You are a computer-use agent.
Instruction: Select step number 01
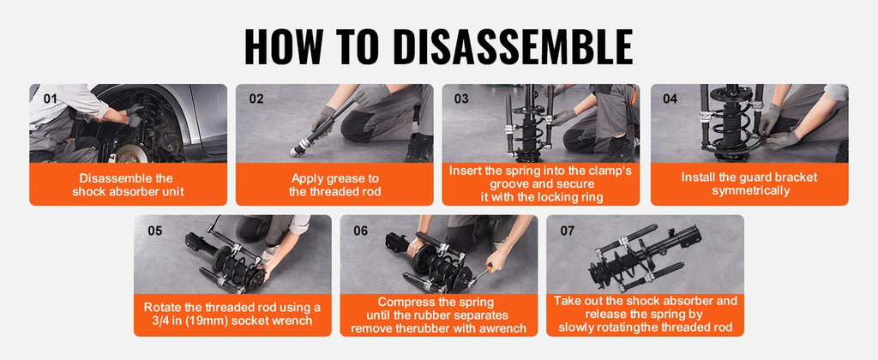[x=51, y=99]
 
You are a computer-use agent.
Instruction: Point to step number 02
[x=256, y=99]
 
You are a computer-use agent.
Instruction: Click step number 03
[x=461, y=99]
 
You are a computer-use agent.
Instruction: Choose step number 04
[x=671, y=99]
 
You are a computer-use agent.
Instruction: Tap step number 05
[x=155, y=231]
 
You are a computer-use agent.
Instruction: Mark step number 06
[x=361, y=231]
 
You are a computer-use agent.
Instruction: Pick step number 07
[x=568, y=231]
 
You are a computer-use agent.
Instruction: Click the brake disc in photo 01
[x=129, y=153]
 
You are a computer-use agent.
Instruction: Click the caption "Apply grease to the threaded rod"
[x=335, y=185]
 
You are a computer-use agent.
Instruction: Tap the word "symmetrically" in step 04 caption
[x=751, y=191]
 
